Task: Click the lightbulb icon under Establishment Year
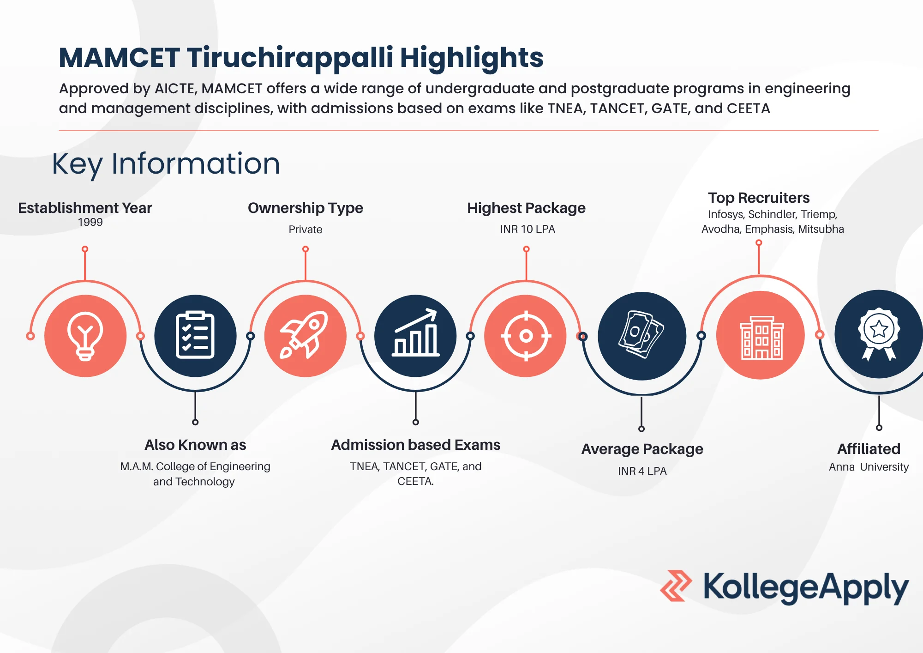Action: pyautogui.click(x=85, y=336)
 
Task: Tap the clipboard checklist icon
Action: pyautogui.click(x=195, y=335)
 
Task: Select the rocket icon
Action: pyautogui.click(x=304, y=335)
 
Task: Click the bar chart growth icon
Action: pyautogui.click(x=415, y=333)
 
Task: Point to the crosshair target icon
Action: pyautogui.click(x=526, y=336)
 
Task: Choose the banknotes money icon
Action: pyautogui.click(x=641, y=334)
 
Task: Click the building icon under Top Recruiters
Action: pyautogui.click(x=762, y=338)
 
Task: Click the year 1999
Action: pyautogui.click(x=90, y=222)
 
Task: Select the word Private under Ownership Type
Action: pyautogui.click(x=306, y=230)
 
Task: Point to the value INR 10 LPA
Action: pyautogui.click(x=527, y=229)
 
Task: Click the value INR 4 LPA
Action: pyautogui.click(x=642, y=471)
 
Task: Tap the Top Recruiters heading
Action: pyautogui.click(x=759, y=198)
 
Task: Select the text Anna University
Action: pyautogui.click(x=869, y=467)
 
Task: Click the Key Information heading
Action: pyautogui.click(x=166, y=164)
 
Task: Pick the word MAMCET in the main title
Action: pyautogui.click(x=119, y=58)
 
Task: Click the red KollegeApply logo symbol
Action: pyautogui.click(x=676, y=586)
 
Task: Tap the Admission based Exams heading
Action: pyautogui.click(x=416, y=445)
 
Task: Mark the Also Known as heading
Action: pyautogui.click(x=195, y=445)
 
